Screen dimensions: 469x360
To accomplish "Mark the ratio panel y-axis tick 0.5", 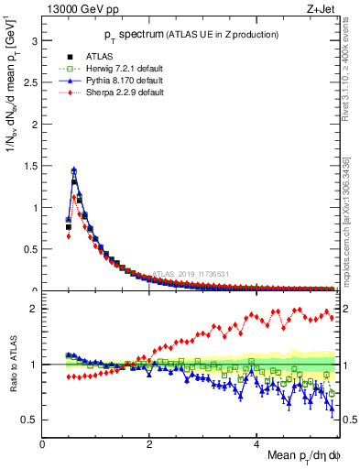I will point(30,420).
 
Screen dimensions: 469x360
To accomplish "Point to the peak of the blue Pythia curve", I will point(73,169).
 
